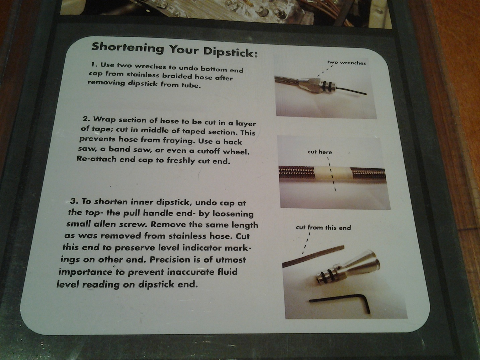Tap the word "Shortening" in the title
click(128, 48)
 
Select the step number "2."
click(86, 119)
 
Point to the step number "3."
click(74, 201)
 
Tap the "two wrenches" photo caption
click(346, 63)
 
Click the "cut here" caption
click(320, 152)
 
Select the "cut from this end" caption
click(323, 228)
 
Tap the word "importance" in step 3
click(86, 272)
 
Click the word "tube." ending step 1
click(191, 85)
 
